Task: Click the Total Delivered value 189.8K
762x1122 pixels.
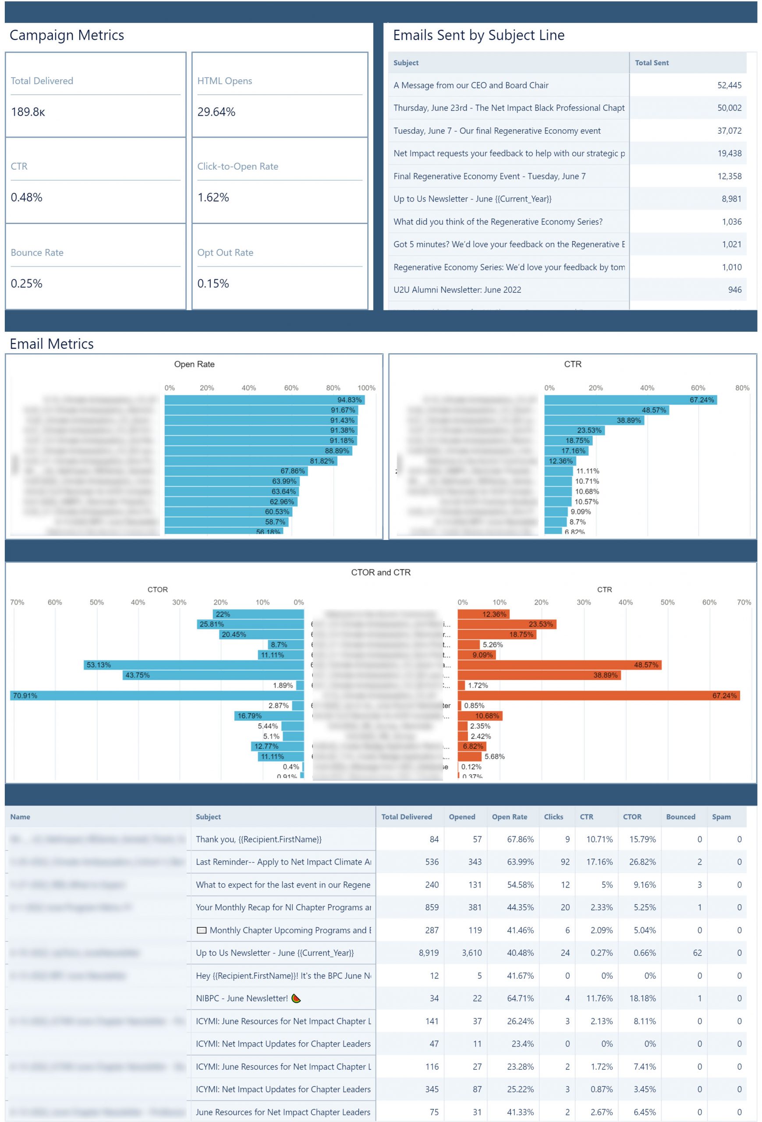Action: click(28, 112)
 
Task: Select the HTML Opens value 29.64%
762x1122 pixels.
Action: click(216, 112)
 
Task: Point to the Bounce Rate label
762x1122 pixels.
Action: click(37, 252)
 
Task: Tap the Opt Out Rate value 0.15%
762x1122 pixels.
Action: click(213, 284)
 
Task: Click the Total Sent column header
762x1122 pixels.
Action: click(652, 63)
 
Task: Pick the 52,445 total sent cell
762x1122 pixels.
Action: click(729, 85)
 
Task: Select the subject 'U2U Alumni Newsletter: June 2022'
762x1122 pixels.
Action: click(457, 290)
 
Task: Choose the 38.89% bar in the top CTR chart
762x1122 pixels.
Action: click(594, 420)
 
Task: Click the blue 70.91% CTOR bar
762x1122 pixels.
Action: click(157, 695)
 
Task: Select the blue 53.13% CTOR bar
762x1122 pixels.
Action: click(194, 665)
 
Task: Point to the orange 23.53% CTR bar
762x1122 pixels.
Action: click(507, 624)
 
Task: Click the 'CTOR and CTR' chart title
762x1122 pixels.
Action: click(381, 572)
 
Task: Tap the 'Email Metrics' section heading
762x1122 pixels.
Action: click(52, 344)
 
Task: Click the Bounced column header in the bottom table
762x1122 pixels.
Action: click(680, 817)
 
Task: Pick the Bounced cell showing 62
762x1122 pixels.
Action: click(697, 952)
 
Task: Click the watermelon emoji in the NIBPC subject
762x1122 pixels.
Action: click(296, 998)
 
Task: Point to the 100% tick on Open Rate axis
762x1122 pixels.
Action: click(366, 388)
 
